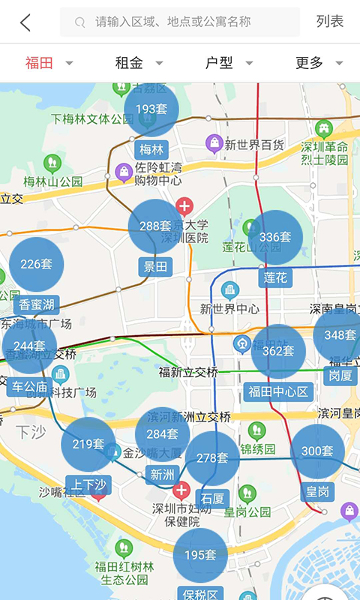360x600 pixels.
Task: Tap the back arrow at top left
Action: tap(25, 22)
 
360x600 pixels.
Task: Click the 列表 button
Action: tap(330, 22)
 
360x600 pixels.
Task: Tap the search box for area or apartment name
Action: tap(180, 22)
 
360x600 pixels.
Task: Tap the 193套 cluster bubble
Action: tap(151, 109)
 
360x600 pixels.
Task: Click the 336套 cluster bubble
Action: tap(274, 237)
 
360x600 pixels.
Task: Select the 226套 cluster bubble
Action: tap(36, 264)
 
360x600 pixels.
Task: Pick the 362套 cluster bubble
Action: tap(277, 351)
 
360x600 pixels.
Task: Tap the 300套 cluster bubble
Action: tap(317, 451)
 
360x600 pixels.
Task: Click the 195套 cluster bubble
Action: tap(200, 555)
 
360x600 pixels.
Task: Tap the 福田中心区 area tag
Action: tap(278, 391)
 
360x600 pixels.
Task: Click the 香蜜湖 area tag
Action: tap(37, 304)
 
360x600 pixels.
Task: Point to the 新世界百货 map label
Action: tap(254, 145)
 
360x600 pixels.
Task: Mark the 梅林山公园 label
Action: tap(52, 181)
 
